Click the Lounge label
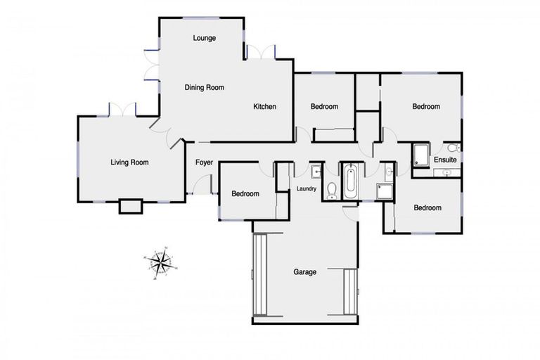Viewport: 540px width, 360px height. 205,38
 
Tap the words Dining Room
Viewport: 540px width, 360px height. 204,88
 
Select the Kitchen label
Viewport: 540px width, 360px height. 265,107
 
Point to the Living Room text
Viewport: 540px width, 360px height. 130,162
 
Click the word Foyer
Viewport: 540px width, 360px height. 204,162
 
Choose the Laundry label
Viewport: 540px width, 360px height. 307,188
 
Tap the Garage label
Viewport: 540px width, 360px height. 305,271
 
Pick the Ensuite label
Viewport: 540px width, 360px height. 445,160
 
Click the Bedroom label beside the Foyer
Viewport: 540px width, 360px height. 245,194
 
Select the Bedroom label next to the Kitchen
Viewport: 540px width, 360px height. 325,107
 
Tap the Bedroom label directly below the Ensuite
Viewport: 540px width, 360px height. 427,208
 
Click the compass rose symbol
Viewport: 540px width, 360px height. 161,262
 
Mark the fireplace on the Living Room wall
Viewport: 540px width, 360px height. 131,206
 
